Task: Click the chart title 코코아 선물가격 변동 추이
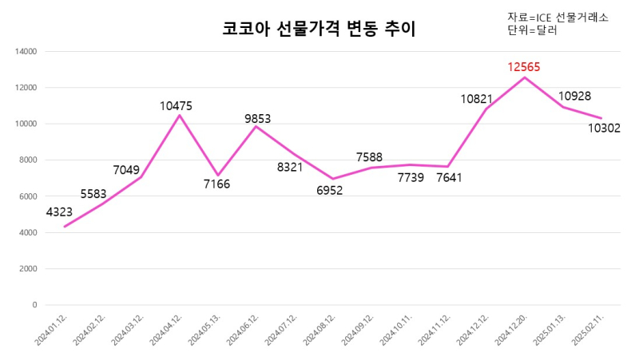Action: pos(319,30)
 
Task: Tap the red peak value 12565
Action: pos(524,67)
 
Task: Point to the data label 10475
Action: pos(177,105)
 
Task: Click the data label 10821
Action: pos(477,99)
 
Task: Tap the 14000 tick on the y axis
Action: pos(26,52)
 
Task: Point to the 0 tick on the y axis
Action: pos(34,305)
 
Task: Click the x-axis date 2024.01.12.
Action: pos(52,329)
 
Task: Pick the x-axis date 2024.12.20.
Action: pos(511,329)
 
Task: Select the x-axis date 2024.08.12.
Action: pos(319,329)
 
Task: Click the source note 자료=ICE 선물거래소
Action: pos(558,18)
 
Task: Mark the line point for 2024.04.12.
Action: pos(179,115)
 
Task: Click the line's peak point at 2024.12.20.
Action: pos(524,77)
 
